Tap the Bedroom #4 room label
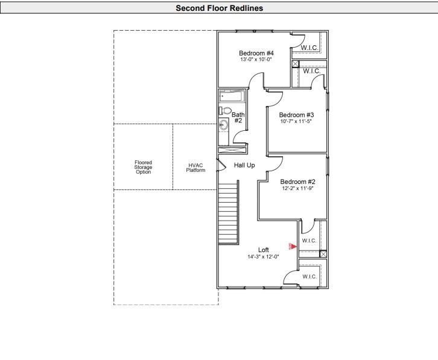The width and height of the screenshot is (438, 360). click(x=256, y=53)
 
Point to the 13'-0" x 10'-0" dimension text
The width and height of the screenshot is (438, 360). click(x=256, y=60)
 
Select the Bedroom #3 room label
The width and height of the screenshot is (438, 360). click(x=296, y=115)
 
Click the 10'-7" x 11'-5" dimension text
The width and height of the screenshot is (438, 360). click(x=296, y=122)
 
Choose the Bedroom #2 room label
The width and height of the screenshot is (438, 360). click(x=298, y=182)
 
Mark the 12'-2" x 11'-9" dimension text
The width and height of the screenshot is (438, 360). click(x=298, y=188)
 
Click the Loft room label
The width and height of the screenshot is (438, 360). click(x=264, y=250)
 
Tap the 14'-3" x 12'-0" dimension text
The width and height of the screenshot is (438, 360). click(x=264, y=257)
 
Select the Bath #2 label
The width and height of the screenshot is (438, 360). click(x=238, y=117)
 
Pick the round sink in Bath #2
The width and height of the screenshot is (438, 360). click(x=224, y=125)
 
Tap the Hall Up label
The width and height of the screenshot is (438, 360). click(x=244, y=165)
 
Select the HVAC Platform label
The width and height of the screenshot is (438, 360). click(x=195, y=168)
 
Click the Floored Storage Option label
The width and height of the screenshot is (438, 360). click(x=144, y=167)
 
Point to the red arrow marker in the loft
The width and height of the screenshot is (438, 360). click(x=292, y=245)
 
